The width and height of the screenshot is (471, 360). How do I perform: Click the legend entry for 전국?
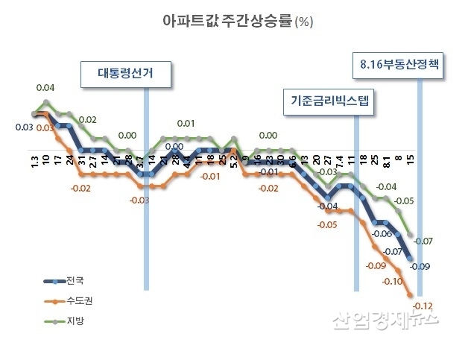coord(75,281)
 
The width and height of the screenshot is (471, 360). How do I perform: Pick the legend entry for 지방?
coord(75,321)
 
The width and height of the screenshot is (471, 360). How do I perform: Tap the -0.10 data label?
coord(391,282)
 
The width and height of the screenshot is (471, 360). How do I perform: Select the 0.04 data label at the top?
coord(45,88)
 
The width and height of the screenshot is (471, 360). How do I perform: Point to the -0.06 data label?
coord(382,234)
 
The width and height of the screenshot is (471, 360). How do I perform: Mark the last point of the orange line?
coord(411,295)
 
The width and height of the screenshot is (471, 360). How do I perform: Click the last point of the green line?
coord(411,234)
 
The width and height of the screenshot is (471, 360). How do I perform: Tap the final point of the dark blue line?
coord(411,259)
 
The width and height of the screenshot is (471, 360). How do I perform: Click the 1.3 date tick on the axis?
coord(35,162)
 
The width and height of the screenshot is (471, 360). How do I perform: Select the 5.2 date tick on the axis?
coord(233,160)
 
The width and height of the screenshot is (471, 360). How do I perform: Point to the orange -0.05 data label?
coord(326,224)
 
